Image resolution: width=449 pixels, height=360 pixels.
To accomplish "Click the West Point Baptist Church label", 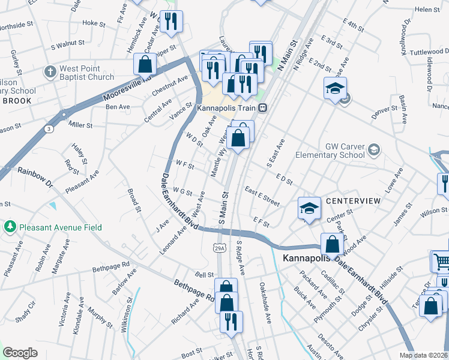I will [x=86, y=73].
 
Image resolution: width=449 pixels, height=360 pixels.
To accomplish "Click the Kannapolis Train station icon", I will [x=263, y=109].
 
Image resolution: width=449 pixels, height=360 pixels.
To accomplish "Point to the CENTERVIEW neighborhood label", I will [x=353, y=200].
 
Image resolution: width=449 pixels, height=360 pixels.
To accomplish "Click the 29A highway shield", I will [x=220, y=247].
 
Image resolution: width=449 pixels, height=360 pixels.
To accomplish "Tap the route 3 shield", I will [x=47, y=128].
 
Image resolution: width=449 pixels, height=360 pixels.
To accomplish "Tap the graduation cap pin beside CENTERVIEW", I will [x=309, y=208].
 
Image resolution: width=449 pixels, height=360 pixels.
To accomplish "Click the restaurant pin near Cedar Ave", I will [x=172, y=21].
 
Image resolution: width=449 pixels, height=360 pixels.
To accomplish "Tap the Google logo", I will [x=20, y=353].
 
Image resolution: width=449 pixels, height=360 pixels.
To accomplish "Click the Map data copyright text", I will [x=423, y=355].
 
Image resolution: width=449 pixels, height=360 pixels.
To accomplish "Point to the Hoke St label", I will [x=94, y=23].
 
